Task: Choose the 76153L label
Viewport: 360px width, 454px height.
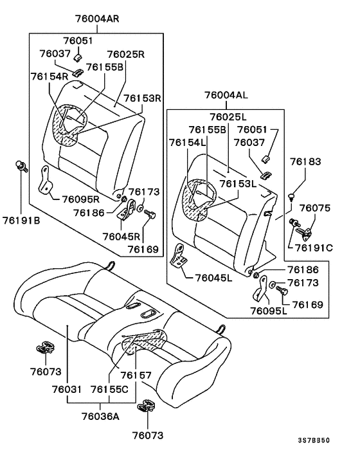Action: (x=239, y=184)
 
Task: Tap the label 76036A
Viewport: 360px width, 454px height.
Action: (x=102, y=416)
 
